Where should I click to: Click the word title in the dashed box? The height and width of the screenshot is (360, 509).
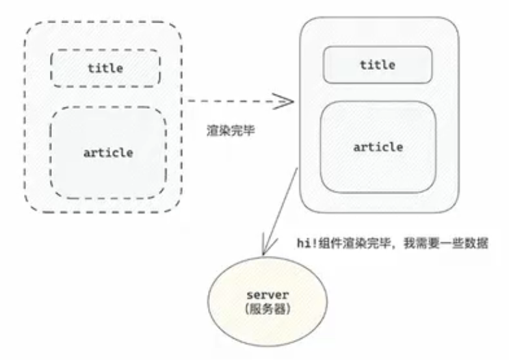pyautogui.click(x=105, y=68)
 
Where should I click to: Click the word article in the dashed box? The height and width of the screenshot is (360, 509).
pyautogui.click(x=108, y=152)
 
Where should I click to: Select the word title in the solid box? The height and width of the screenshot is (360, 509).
pyautogui.click(x=377, y=65)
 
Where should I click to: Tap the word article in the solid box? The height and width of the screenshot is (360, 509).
pyautogui.click(x=378, y=146)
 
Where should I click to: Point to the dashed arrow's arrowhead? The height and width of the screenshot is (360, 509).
pyautogui.click(x=287, y=101)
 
